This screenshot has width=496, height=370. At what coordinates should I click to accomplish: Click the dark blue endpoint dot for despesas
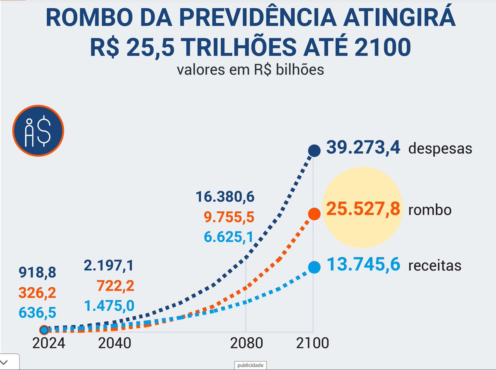(315, 151)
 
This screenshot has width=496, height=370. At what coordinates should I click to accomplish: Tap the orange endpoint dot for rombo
(315, 214)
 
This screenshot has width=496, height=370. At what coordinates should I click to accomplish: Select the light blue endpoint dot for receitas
(315, 267)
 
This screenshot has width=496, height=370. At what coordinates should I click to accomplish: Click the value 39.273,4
(363, 148)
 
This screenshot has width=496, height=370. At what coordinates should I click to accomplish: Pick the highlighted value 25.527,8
(363, 209)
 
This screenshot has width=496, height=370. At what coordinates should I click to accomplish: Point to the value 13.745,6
(363, 264)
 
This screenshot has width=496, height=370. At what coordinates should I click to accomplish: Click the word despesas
(440, 149)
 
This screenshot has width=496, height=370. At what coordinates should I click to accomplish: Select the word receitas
(435, 265)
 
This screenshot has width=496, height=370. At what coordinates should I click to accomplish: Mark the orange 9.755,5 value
(229, 217)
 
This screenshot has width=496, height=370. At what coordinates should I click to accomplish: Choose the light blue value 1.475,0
(109, 306)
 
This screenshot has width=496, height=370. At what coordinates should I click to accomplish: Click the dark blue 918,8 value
(37, 273)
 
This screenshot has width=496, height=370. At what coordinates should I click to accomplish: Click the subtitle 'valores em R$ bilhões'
(250, 69)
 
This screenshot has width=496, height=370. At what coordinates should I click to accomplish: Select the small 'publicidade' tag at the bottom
(250, 365)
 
